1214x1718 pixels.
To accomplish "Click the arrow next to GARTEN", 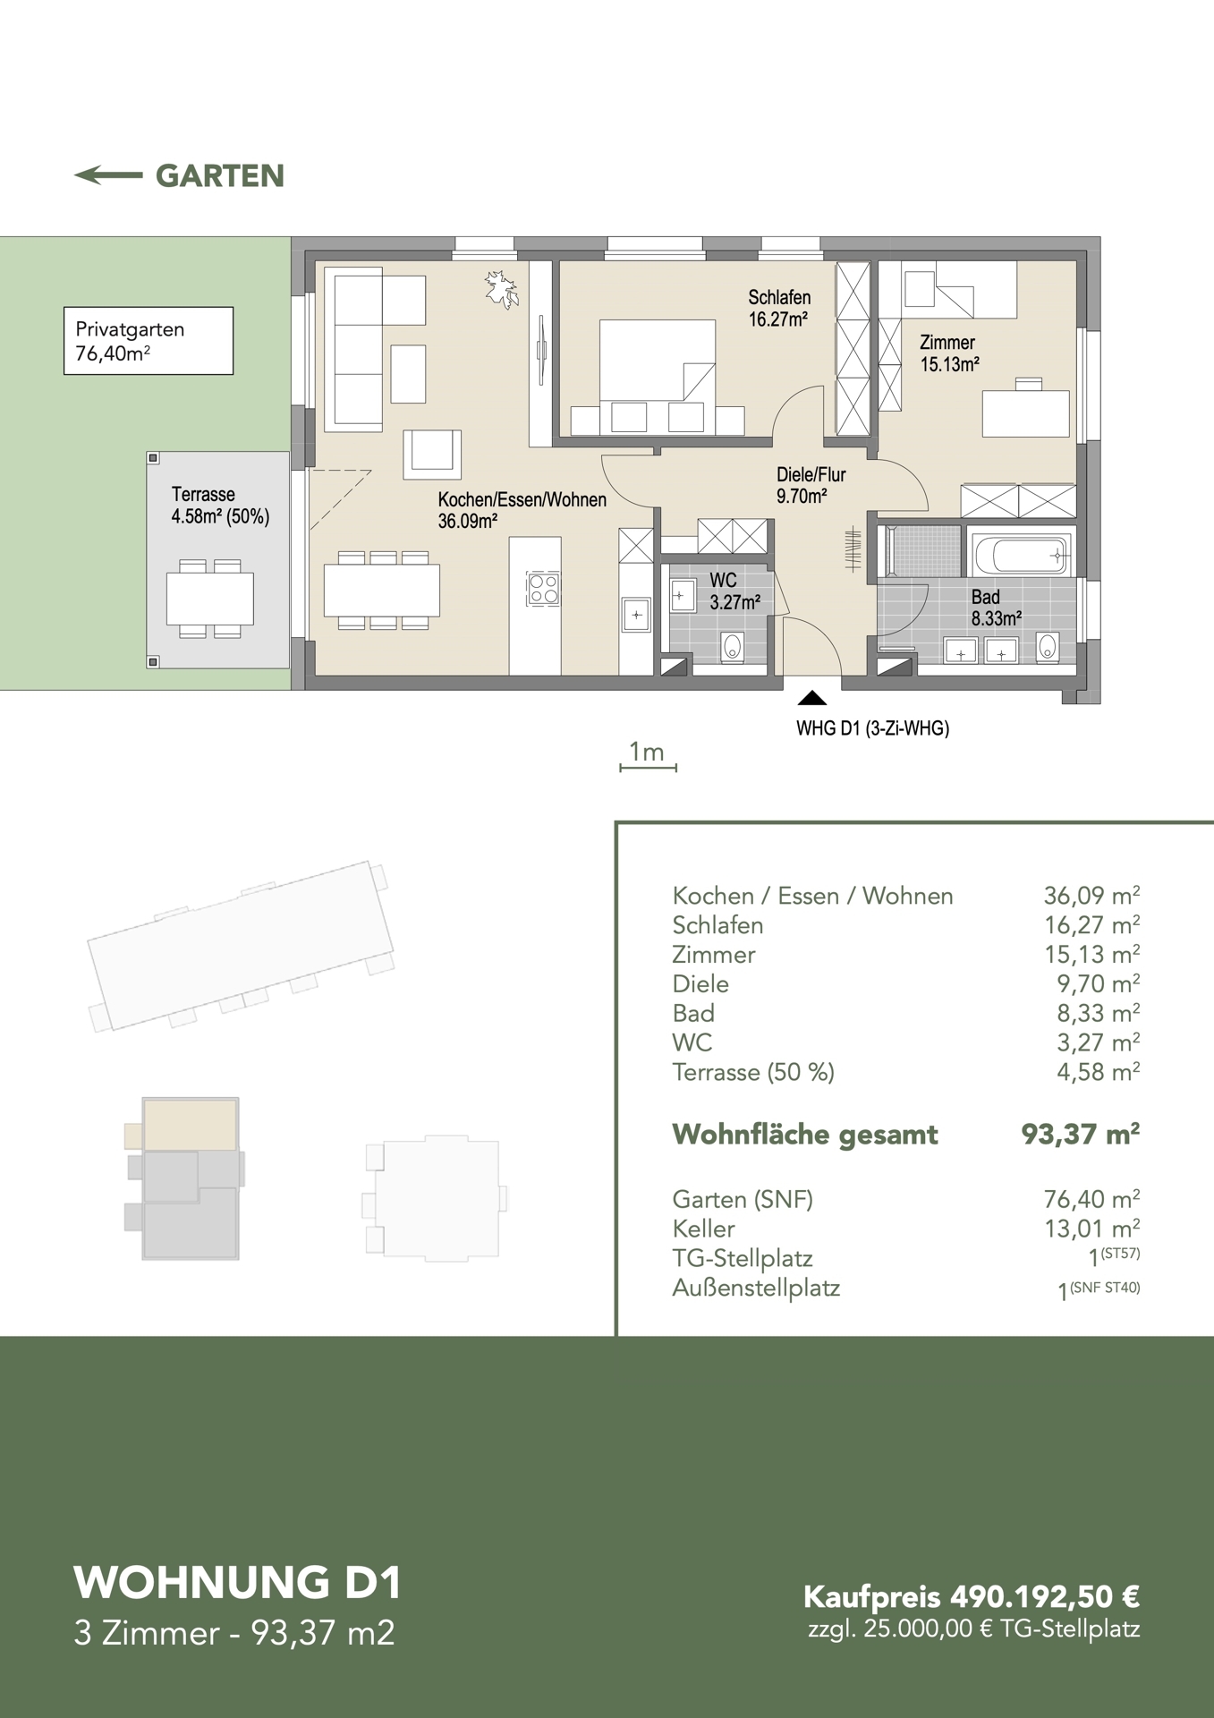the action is (108, 175).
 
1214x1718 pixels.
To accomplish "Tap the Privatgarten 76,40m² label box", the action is (149, 341).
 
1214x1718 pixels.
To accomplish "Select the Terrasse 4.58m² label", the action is (220, 506).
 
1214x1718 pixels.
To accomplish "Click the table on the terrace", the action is (210, 599).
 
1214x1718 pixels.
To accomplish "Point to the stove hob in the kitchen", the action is (544, 589).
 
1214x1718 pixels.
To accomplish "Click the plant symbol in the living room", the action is (502, 290).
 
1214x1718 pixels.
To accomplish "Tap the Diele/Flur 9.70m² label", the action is (811, 485).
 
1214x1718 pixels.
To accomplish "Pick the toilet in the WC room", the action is (733, 647).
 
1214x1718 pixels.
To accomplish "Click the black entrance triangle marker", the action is (812, 698).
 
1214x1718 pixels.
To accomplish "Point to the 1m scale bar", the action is (648, 767).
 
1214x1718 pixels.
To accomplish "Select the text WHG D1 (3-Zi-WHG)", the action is (872, 728).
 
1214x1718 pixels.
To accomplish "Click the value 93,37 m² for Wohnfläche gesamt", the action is (1081, 1134).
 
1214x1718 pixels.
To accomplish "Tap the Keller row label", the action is (703, 1229).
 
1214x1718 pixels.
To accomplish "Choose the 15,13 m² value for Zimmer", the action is (1091, 954).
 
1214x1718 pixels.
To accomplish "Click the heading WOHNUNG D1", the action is (238, 1582).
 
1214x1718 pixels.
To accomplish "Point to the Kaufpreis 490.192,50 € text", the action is (972, 1596).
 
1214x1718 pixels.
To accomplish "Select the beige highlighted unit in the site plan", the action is (190, 1124).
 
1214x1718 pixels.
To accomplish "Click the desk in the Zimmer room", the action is (1026, 412).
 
